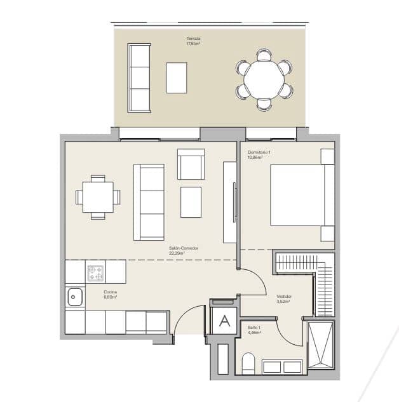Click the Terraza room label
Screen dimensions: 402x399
coord(193,41)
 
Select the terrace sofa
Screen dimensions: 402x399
coord(139,77)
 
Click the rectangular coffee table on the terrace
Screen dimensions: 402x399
coord(177,77)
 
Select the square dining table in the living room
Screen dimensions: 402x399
coord(98,197)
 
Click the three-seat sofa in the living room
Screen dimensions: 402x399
coord(149,202)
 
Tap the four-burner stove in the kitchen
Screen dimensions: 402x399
coord(96,273)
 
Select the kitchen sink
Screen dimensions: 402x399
coord(75,295)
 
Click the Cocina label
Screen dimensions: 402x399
coord(111,295)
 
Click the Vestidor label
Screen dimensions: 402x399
coord(283,298)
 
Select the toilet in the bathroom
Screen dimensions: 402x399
coord(248,365)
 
